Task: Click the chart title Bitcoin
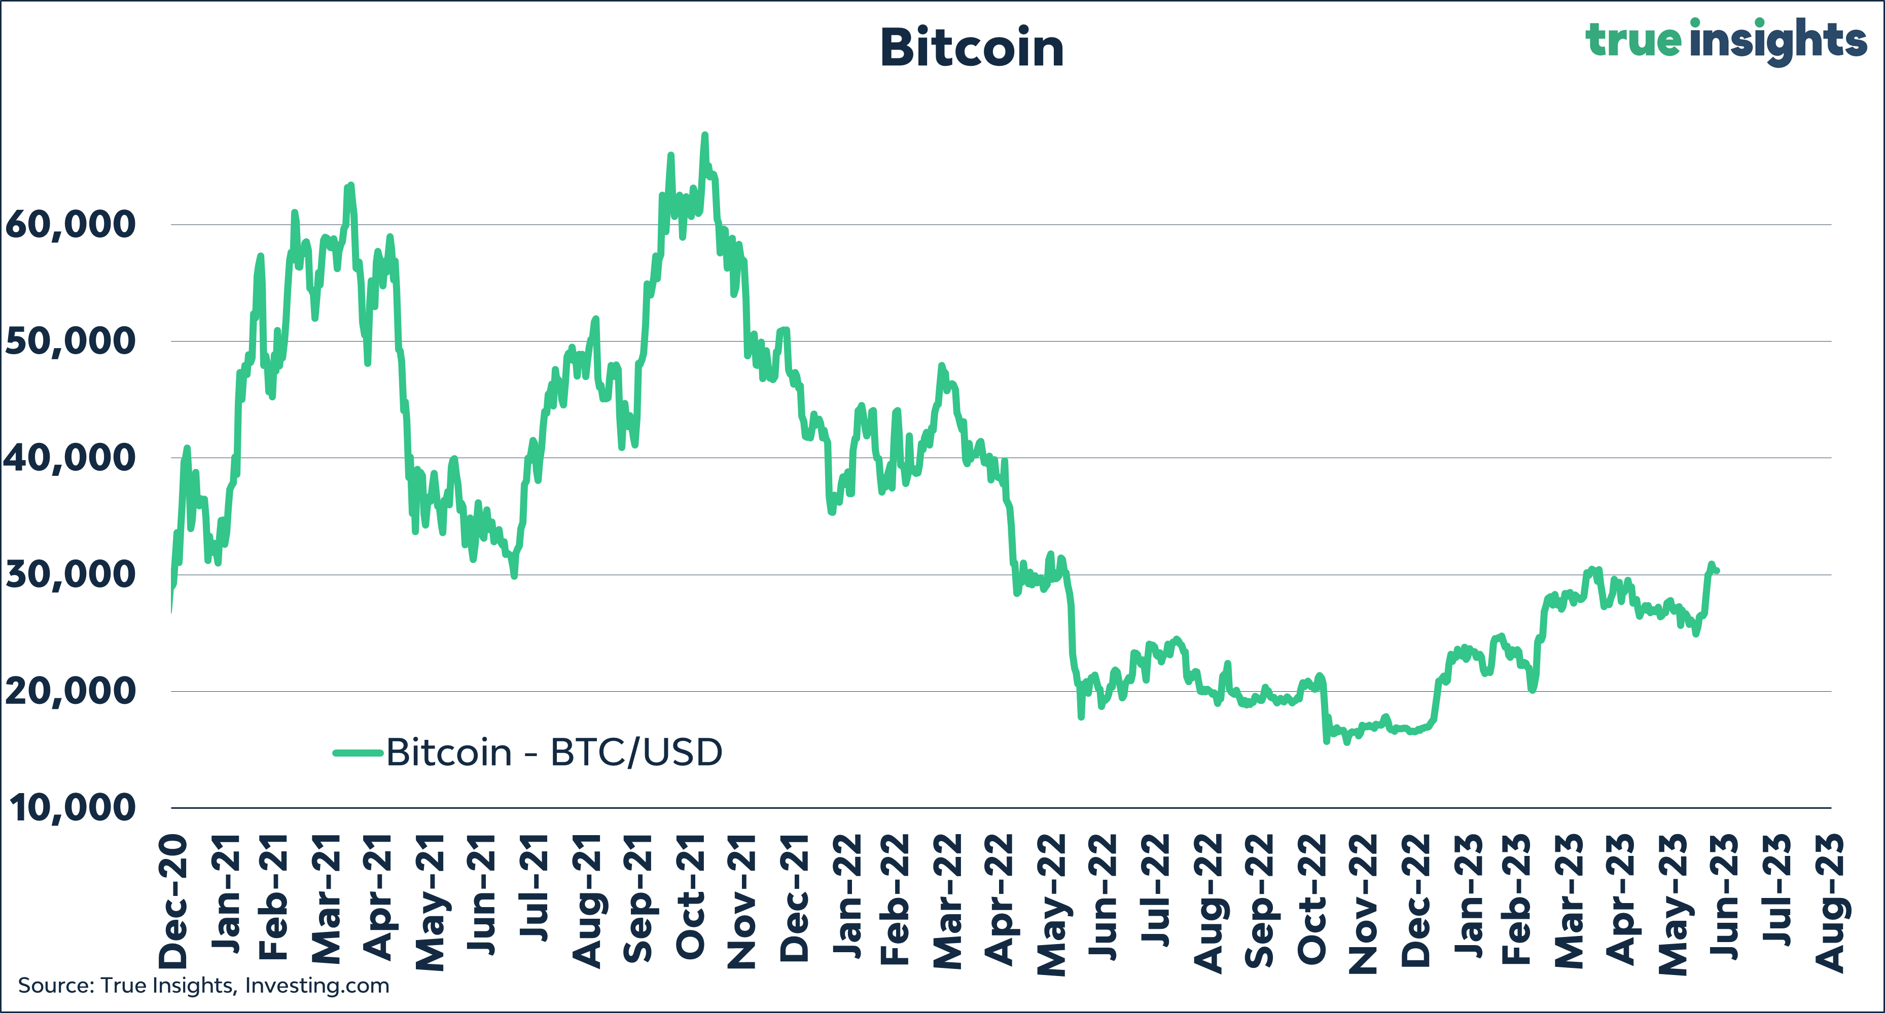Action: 971,48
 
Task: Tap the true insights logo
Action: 1725,40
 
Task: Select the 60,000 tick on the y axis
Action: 70,224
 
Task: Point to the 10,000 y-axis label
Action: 72,808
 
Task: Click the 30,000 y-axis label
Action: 70,575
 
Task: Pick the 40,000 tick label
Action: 70,459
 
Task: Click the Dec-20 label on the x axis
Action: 174,901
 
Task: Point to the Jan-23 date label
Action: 1469,896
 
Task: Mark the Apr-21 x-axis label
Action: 379,897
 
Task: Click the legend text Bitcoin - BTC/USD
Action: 554,753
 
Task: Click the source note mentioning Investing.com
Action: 203,986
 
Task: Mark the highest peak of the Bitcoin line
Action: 705,135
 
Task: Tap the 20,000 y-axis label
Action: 70,692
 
